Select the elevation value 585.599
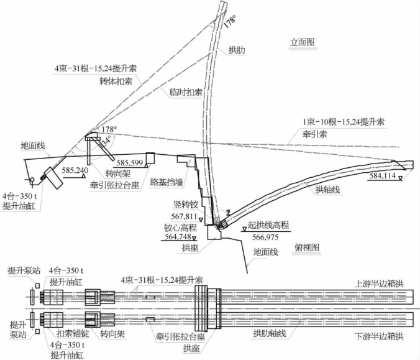click(x=130, y=163)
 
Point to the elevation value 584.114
click(x=383, y=176)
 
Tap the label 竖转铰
click(x=185, y=203)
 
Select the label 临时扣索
click(x=186, y=92)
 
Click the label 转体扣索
click(x=116, y=81)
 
